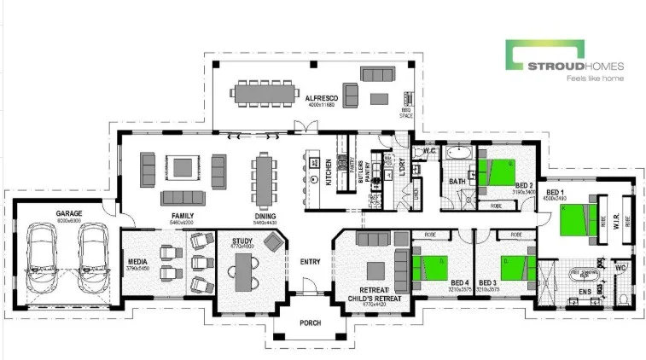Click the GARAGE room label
pos(68,213)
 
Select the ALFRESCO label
pos(323,99)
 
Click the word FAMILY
pos(183,216)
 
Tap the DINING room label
pos(265,216)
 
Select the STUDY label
pos(242,241)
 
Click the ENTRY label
pos(308,261)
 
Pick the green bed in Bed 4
pos(430,266)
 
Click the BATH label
pos(457,182)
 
